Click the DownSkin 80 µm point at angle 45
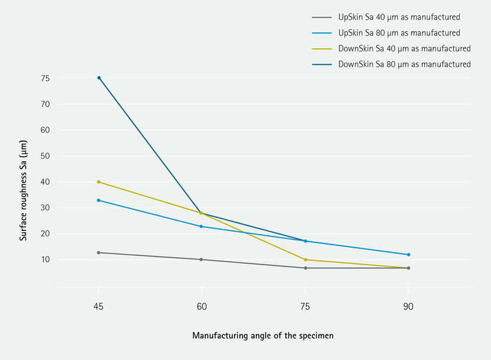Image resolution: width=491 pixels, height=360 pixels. tap(98, 78)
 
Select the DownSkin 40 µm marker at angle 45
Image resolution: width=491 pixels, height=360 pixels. tap(98, 182)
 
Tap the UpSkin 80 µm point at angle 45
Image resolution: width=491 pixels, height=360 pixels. tap(98, 200)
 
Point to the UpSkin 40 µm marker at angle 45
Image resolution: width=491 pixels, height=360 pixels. tap(98, 252)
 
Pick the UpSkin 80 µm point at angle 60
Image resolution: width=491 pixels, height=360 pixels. tap(202, 227)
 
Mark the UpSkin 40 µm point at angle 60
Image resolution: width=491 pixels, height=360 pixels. tap(202, 260)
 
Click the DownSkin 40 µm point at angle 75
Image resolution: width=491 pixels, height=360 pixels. tap(305, 260)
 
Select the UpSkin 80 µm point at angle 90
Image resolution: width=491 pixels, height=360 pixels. tap(409, 255)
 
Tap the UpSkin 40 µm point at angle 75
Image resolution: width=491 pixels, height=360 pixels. tap(305, 268)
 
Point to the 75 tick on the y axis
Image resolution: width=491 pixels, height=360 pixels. tap(45, 78)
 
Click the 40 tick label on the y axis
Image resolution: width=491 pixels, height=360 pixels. tap(45, 182)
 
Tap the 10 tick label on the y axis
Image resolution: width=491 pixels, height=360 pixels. tap(45, 260)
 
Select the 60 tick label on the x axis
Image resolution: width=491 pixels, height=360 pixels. tap(202, 307)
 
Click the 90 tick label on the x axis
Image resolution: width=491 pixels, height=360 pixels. tap(409, 307)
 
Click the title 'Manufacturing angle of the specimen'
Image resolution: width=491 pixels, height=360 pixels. tap(263, 336)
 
